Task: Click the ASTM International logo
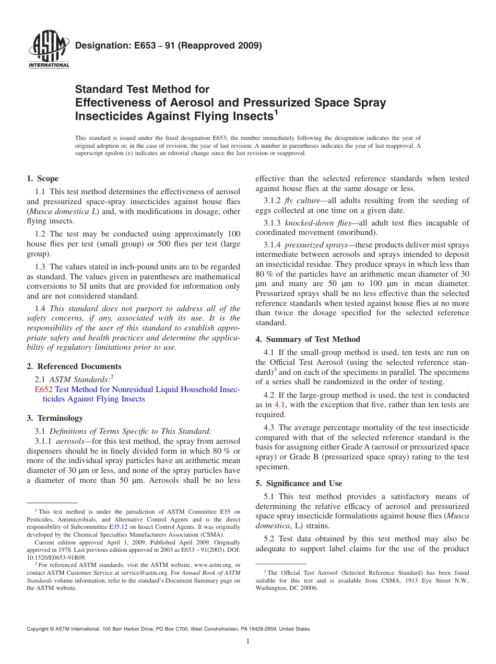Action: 49,51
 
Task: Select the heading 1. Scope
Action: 43,179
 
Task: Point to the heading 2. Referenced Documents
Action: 74,366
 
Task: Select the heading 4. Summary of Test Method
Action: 308,339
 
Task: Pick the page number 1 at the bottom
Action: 248,642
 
